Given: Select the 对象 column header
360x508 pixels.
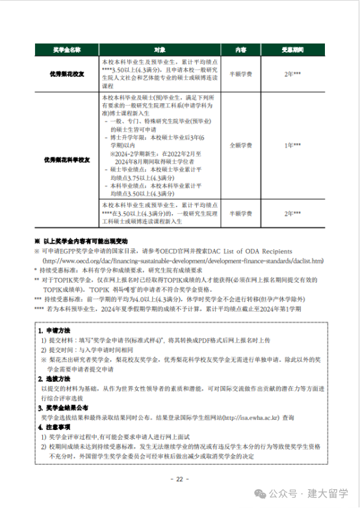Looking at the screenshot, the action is pyautogui.click(x=160, y=50).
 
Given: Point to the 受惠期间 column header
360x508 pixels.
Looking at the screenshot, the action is pyautogui.click(x=292, y=50).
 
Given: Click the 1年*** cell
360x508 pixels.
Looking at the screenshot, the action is pyautogui.click(x=292, y=146).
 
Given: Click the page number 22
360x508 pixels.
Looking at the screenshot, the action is pyautogui.click(x=180, y=479).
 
